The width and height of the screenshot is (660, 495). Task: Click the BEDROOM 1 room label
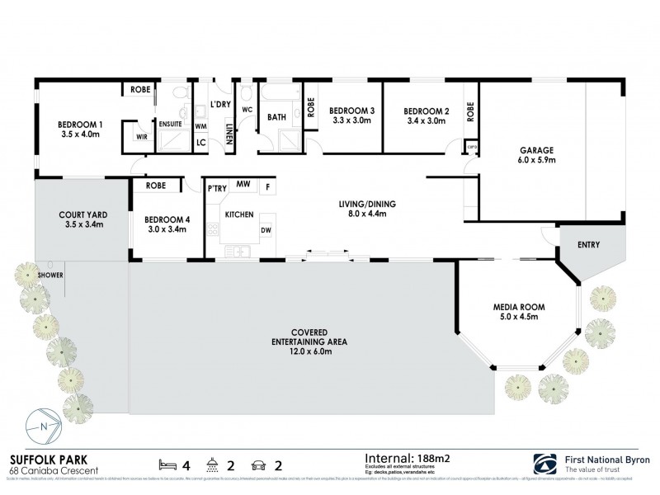pos(79,125)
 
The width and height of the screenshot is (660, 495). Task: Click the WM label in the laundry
pos(200,126)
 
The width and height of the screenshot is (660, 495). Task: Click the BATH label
pos(276,117)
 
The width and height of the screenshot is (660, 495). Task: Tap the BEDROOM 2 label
pos(426,111)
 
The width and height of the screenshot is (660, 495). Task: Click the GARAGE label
pos(535,150)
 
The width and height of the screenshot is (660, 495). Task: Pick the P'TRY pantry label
pos(217,189)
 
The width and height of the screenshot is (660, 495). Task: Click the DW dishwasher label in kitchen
pos(266,231)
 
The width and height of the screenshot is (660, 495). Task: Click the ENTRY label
pos(587,245)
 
